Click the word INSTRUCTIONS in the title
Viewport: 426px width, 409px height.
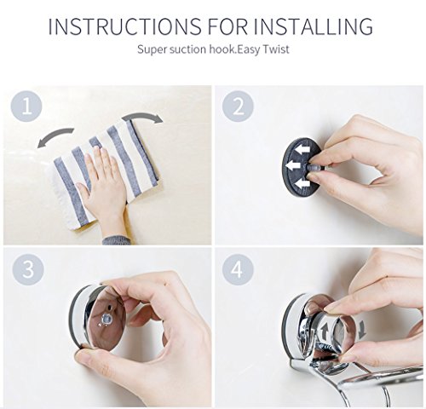(124, 26)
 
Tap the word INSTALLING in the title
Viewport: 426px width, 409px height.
(313, 26)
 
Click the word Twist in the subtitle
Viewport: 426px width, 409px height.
(275, 49)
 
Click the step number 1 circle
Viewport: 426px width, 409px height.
(26, 107)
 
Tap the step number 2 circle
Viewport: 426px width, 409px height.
(238, 107)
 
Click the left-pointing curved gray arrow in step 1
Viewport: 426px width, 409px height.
(53, 135)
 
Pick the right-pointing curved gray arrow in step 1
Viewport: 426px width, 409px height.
(142, 116)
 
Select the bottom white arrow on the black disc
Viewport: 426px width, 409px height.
(301, 184)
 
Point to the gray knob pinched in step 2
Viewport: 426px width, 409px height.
(314, 168)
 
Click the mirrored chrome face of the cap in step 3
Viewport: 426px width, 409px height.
(108, 317)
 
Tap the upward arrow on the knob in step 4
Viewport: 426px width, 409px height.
(324, 332)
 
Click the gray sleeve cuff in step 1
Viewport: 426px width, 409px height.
(117, 240)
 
